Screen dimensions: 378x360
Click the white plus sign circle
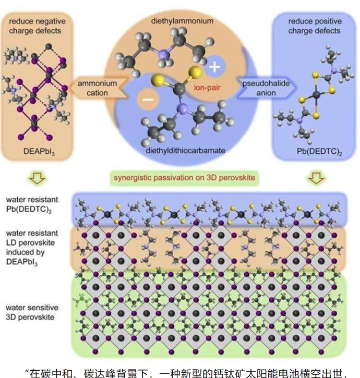tap(214, 68)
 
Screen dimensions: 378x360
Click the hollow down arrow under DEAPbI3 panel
tap(39, 179)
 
